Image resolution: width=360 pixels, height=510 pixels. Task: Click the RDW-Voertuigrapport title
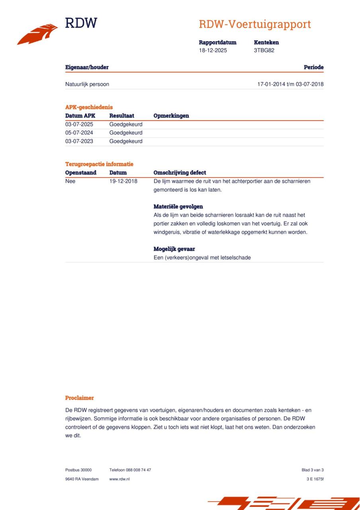click(254, 24)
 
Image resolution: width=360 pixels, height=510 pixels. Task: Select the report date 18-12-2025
click(213, 51)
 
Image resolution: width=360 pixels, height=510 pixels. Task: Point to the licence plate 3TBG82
click(264, 51)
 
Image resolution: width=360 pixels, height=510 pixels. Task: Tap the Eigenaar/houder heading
click(87, 67)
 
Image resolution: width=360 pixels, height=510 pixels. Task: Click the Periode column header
click(313, 67)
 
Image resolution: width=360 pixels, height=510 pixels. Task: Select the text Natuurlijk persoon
click(87, 84)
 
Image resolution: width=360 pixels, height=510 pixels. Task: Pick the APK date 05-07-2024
click(79, 133)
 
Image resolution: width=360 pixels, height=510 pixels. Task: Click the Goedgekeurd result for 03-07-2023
click(126, 141)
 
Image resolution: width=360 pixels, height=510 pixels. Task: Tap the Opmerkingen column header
click(171, 116)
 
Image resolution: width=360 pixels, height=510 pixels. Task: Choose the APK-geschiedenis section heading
click(89, 107)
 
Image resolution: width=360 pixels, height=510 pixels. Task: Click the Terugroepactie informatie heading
click(99, 164)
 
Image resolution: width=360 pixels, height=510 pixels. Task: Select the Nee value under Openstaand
click(70, 181)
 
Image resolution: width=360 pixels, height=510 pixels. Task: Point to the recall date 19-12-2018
click(123, 181)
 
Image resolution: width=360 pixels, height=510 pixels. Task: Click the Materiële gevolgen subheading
click(178, 207)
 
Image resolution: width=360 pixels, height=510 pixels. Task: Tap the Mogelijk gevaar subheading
click(174, 249)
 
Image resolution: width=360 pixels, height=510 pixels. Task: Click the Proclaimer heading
click(80, 398)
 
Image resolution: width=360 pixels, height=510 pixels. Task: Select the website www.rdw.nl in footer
click(119, 479)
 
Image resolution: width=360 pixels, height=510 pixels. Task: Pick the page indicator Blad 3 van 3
click(312, 470)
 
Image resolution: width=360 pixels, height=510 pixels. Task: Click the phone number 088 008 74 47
click(138, 470)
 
